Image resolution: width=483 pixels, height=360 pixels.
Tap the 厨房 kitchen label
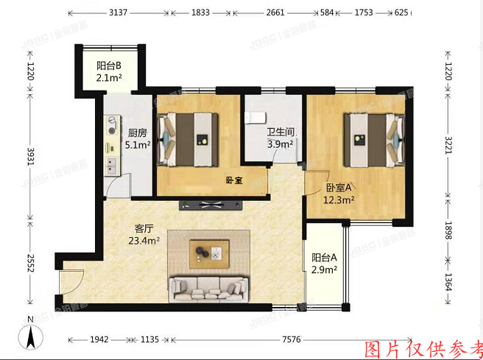click(138, 133)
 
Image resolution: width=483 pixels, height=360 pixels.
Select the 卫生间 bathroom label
click(281, 133)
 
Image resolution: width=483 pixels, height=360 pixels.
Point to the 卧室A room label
click(339, 187)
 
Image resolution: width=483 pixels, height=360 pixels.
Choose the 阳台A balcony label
click(324, 258)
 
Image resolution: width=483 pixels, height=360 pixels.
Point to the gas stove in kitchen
click(112, 127)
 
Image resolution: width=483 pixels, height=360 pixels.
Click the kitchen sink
click(112, 163)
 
